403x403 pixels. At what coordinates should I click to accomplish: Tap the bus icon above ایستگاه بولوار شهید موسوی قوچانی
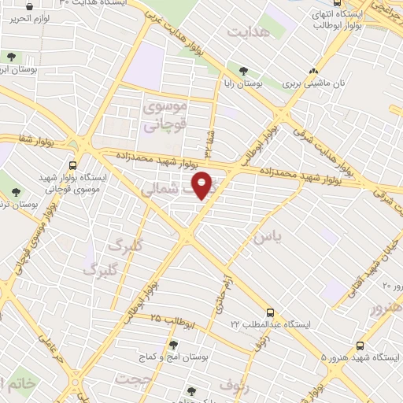(73, 165)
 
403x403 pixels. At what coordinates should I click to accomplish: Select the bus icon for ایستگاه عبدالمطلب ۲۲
(270, 312)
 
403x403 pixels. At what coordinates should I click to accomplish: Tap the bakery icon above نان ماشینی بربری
(315, 70)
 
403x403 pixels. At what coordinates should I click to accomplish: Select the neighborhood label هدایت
(249, 31)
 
